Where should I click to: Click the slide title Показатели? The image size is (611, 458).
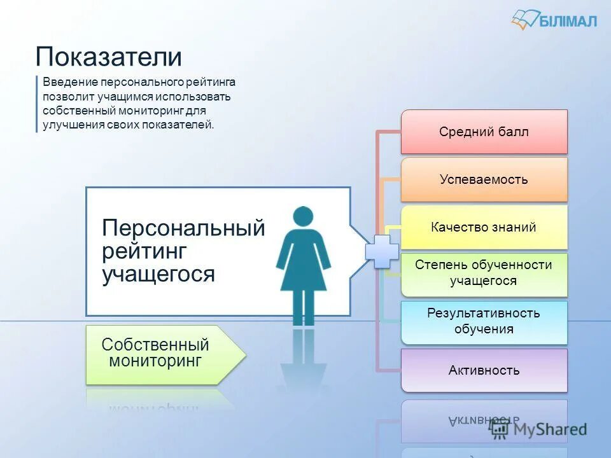pyautogui.click(x=109, y=57)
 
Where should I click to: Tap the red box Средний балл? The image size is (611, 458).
pyautogui.click(x=484, y=132)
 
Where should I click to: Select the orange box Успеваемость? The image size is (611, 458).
pyautogui.click(x=484, y=179)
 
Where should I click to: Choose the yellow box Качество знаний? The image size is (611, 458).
pyautogui.click(x=484, y=227)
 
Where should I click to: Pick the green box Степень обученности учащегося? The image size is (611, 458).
pyautogui.click(x=484, y=273)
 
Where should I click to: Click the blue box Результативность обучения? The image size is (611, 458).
pyautogui.click(x=484, y=321)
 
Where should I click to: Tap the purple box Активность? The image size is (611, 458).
pyautogui.click(x=484, y=370)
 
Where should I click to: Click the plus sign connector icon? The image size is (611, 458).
pyautogui.click(x=382, y=251)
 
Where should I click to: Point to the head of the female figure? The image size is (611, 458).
pyautogui.click(x=304, y=217)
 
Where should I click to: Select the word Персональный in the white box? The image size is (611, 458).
pyautogui.click(x=183, y=228)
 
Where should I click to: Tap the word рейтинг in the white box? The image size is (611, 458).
pyautogui.click(x=144, y=251)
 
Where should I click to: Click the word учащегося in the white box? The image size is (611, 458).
pyautogui.click(x=158, y=274)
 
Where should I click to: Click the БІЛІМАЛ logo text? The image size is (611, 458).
pyautogui.click(x=568, y=21)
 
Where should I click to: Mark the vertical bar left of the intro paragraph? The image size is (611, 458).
pyautogui.click(x=37, y=104)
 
